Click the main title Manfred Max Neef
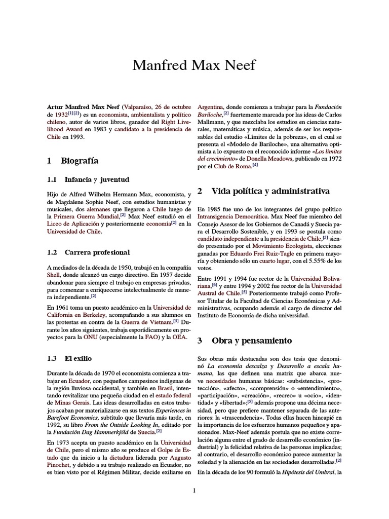194,65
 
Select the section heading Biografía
80,161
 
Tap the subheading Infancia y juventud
97,179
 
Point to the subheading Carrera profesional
97,252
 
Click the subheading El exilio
78,358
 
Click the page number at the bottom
194,490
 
